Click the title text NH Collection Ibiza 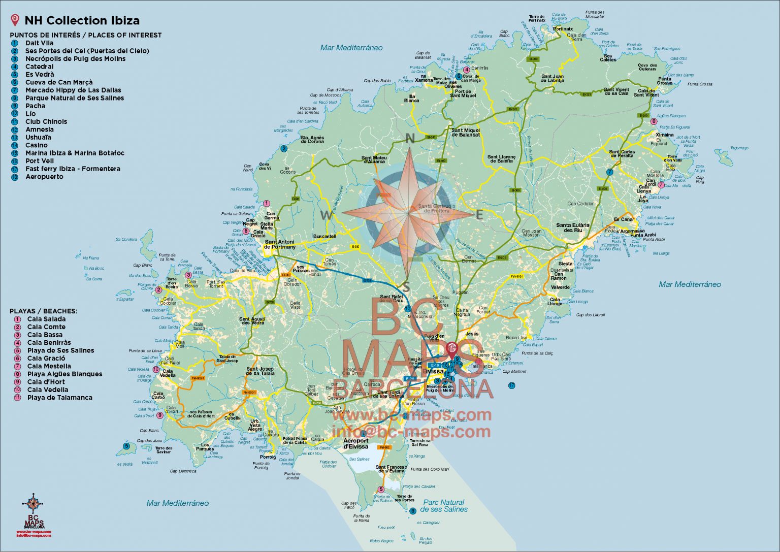82,21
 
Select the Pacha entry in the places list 35,106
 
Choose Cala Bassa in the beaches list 45,335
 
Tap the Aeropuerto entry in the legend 44,176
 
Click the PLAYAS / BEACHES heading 43,311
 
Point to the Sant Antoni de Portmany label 280,244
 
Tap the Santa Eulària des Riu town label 573,228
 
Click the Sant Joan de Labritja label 552,78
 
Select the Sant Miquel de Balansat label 466,133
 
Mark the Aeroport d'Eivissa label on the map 355,443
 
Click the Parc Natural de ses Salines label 444,505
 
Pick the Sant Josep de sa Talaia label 260,371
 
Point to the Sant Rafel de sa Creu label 391,299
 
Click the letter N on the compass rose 410,139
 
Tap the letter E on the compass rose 479,215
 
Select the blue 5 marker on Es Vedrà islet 126,446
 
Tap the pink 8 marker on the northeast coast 654,121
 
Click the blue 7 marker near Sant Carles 609,172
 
